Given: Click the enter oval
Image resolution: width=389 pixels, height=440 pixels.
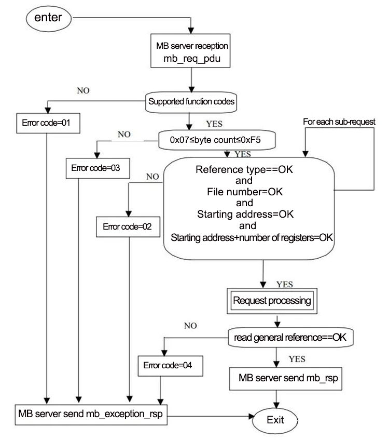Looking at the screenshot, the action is [48, 19].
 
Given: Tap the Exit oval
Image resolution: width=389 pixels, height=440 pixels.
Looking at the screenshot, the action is [275, 420].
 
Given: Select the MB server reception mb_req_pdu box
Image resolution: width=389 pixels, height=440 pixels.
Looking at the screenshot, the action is [190, 51].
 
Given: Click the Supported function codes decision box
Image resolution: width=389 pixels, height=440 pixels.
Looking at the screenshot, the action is [191, 102].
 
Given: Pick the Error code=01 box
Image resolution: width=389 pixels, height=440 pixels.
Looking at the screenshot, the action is [48, 123].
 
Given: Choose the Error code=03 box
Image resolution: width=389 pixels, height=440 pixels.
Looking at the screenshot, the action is [98, 168].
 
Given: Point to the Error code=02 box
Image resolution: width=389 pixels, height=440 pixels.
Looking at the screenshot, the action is [128, 226].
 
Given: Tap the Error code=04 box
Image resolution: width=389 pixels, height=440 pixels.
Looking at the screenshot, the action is [171, 366].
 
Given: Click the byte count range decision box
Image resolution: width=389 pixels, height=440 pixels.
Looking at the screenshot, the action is [217, 140].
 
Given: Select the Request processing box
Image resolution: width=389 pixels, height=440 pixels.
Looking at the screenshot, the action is [272, 301].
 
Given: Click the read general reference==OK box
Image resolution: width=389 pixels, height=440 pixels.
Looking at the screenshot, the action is [290, 337].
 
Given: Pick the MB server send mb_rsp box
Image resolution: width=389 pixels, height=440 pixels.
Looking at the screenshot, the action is [286, 379].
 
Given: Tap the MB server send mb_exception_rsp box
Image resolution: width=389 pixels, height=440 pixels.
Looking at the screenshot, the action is [91, 415].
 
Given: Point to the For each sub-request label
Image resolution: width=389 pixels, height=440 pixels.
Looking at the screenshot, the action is [339, 122].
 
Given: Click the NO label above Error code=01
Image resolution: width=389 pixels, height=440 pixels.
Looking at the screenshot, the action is [83, 90].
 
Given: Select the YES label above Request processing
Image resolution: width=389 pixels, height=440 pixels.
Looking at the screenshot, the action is [285, 284].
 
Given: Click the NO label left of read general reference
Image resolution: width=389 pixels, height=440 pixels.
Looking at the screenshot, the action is [190, 326].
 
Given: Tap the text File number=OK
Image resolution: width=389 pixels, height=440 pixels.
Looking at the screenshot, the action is [245, 192].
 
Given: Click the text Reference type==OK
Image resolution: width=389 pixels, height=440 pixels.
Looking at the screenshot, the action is [244, 169].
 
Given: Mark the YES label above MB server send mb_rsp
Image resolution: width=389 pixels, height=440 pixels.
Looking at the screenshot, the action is [297, 359].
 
